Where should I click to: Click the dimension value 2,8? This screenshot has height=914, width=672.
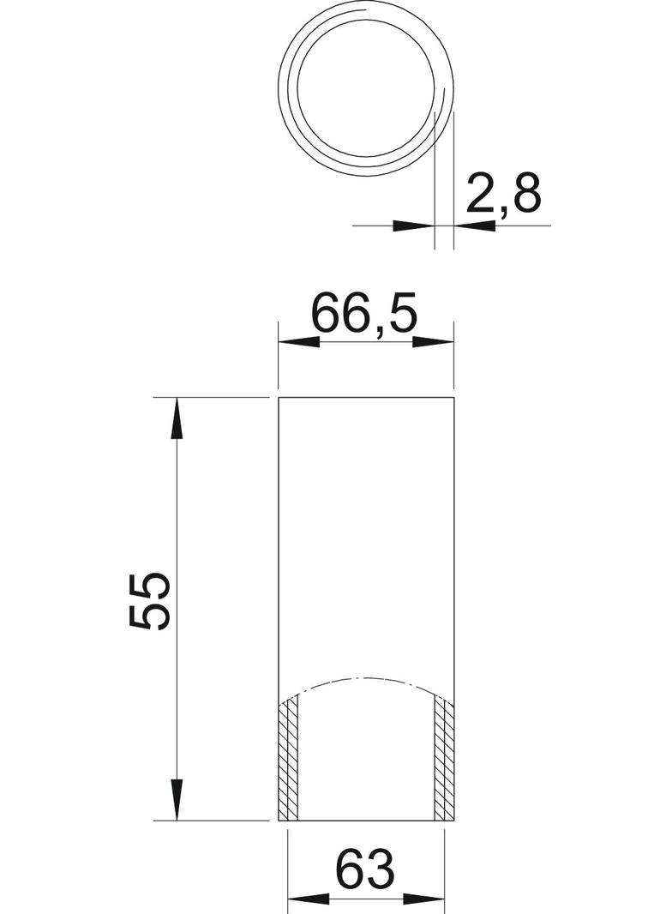504,194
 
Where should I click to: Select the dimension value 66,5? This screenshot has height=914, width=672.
363,315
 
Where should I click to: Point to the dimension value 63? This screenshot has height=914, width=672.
366,869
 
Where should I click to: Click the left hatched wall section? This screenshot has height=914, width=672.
290,760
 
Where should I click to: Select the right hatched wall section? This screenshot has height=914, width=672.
443,760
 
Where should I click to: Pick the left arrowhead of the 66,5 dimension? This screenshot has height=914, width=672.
298,342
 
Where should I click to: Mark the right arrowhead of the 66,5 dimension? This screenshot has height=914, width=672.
434,342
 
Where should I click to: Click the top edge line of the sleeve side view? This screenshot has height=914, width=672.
367,399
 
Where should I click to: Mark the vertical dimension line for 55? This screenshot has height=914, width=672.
177,514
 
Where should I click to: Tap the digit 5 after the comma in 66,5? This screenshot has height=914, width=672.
400,315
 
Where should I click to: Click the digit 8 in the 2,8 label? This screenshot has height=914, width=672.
525,194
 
